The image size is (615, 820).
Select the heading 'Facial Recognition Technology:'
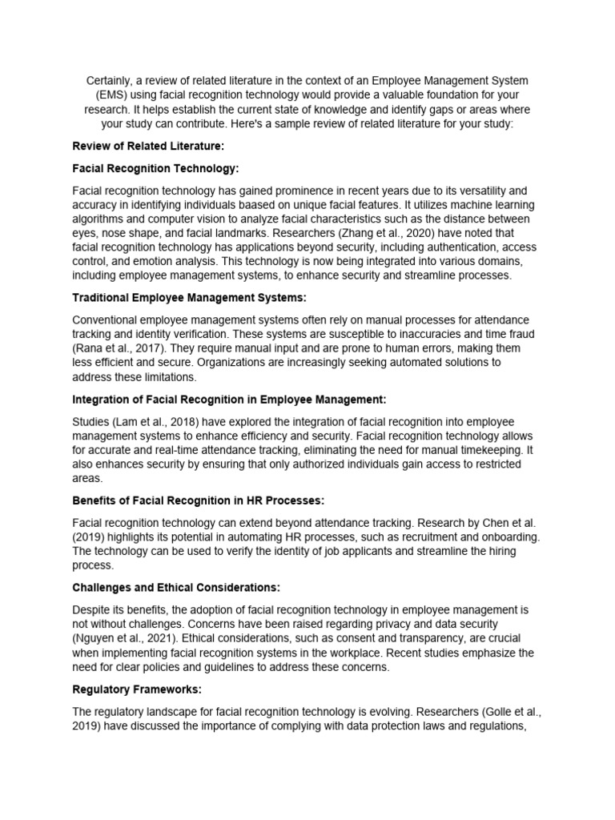point(155,169)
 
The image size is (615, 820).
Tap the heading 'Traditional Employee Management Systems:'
point(189,298)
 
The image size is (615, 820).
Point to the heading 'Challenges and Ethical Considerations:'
point(175,587)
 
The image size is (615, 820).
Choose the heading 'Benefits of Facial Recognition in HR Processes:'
point(198,500)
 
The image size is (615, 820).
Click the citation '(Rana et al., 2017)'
point(119,348)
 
